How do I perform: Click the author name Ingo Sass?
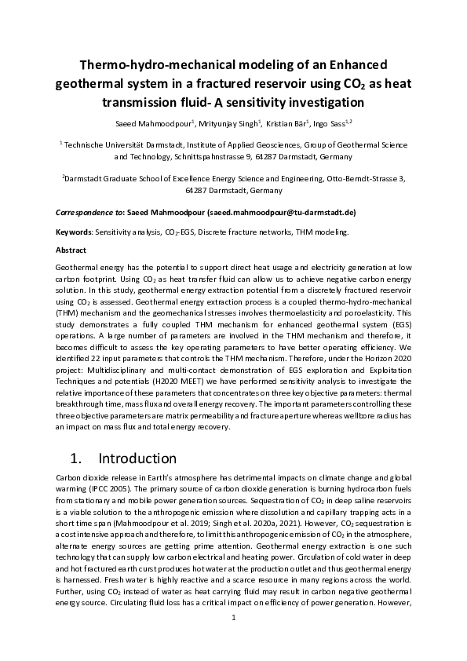pos(331,123)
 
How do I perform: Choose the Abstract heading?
pos(71,250)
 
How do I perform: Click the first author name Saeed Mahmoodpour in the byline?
pos(148,123)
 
